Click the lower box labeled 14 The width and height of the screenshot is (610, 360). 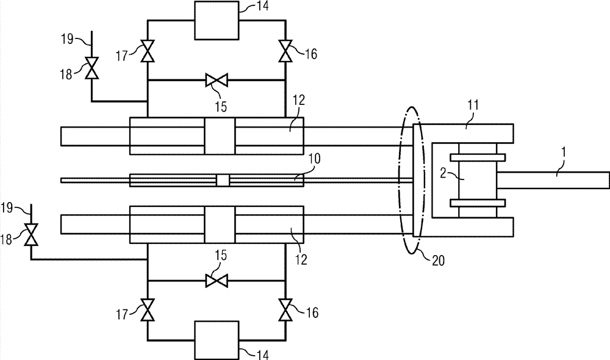[216, 339]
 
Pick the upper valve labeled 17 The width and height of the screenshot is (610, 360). [147, 51]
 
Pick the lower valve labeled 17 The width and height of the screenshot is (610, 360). [147, 309]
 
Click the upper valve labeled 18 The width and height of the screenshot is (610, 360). [91, 67]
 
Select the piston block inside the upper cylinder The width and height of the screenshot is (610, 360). [220, 135]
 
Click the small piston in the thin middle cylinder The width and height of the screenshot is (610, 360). [223, 180]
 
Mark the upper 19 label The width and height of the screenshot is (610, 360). [67, 40]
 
